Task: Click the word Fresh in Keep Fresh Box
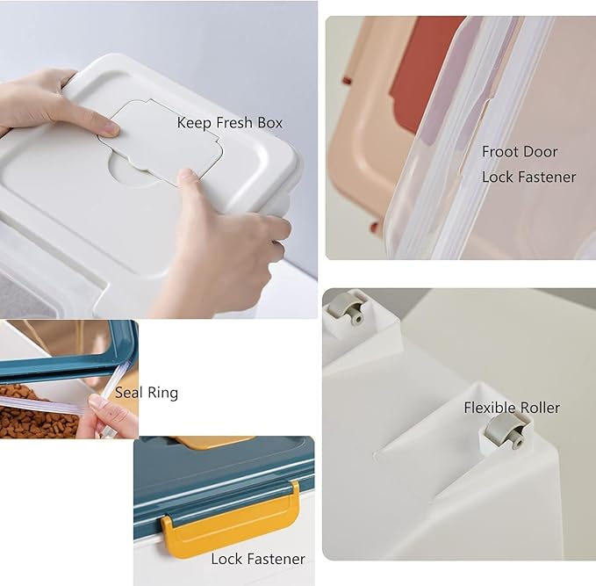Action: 234,123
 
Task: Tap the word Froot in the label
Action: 498,152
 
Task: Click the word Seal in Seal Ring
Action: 128,393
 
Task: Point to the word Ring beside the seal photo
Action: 162,394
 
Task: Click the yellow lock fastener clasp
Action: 231,517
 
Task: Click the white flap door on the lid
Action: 162,142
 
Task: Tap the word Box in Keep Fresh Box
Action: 270,123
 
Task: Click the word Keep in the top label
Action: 194,123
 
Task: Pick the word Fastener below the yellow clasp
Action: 276,560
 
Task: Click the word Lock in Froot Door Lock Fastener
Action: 498,177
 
